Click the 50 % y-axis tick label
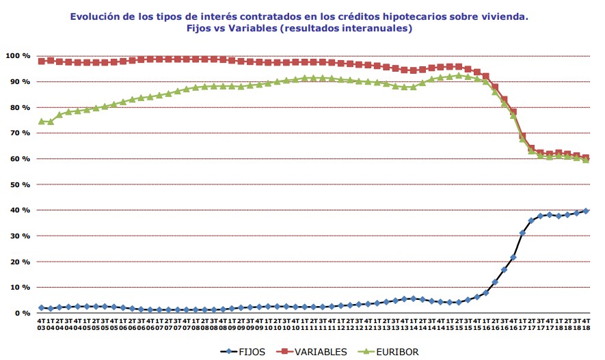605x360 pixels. click(x=19, y=184)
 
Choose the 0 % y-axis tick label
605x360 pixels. click(x=21, y=313)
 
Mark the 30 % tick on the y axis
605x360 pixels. click(x=19, y=236)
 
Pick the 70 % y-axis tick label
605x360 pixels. click(x=19, y=133)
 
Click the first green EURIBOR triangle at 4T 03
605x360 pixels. click(x=42, y=122)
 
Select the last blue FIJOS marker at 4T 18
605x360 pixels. click(x=586, y=211)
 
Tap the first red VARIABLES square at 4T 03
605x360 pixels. click(x=42, y=61)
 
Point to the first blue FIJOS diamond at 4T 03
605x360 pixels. click(x=42, y=308)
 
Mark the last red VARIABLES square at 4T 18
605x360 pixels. click(x=586, y=158)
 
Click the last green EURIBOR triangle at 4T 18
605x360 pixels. click(x=586, y=161)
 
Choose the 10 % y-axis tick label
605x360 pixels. click(x=19, y=287)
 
